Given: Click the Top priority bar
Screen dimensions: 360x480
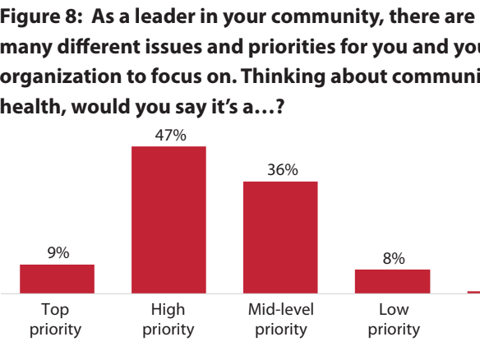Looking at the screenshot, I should point(57,279).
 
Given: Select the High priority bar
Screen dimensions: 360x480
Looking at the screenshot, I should point(168,219).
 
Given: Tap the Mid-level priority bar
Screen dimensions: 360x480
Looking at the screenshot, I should point(280,237).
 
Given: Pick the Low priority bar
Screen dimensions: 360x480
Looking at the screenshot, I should point(392,280).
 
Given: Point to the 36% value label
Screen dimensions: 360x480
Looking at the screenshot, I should point(281,170).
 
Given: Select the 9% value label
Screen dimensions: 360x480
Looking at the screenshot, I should point(58,254).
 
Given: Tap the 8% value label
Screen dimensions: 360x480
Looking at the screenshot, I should point(394,259).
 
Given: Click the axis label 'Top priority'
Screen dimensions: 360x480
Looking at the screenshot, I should point(56,320).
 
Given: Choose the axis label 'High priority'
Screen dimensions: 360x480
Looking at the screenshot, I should point(168,320).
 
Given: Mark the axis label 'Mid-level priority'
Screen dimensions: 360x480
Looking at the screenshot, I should point(280,320).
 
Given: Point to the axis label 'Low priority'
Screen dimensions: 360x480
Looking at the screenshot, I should point(394,320).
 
